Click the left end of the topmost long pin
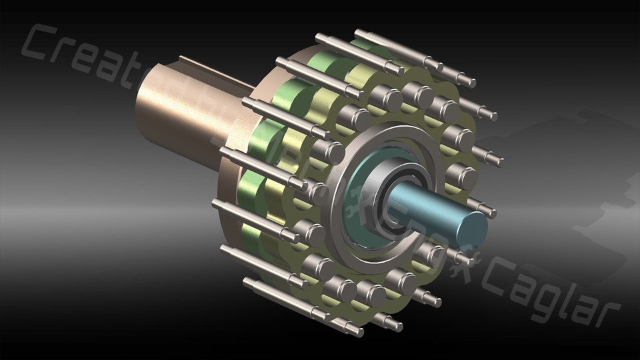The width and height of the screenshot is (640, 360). coord(359,34)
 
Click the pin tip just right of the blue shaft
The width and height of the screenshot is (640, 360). coord(486,211)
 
